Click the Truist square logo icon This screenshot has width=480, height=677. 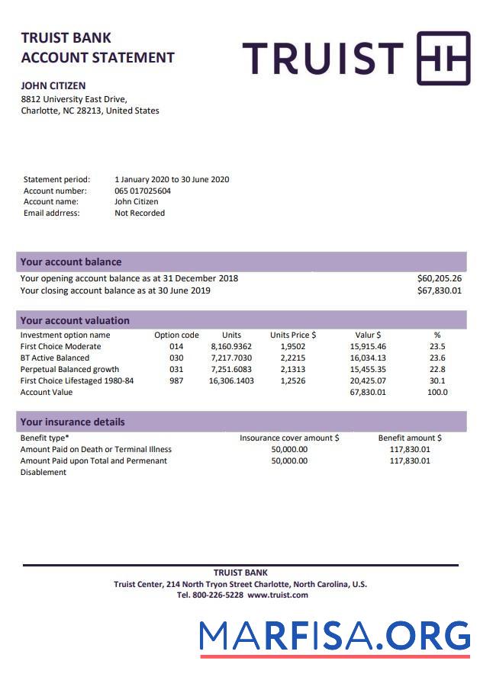tap(443, 58)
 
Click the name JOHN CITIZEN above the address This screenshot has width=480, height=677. tap(53, 86)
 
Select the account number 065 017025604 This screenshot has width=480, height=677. tap(143, 191)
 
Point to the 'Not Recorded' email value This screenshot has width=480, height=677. tap(140, 213)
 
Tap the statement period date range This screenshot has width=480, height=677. tap(172, 180)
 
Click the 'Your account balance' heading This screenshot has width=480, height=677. tap(71, 261)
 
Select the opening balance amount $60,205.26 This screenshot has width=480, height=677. tap(440, 278)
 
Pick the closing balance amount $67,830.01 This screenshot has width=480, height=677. tap(440, 290)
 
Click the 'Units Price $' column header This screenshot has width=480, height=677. tap(293, 335)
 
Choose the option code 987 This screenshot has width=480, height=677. tap(176, 381)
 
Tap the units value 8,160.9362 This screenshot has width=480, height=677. tap(231, 347)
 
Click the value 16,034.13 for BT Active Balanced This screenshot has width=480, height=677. tap(368, 358)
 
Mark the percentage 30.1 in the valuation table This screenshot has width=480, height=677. tap(437, 381)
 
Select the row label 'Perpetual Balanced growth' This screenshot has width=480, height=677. tap(69, 370)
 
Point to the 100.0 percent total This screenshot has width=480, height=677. tap(437, 393)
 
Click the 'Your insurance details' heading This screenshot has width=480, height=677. tap(72, 422)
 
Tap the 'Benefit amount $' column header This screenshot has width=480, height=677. tap(410, 438)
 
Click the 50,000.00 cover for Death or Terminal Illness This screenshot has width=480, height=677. tap(289, 450)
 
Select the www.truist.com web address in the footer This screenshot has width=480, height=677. tap(278, 595)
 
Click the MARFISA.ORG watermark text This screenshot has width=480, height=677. tap(335, 636)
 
